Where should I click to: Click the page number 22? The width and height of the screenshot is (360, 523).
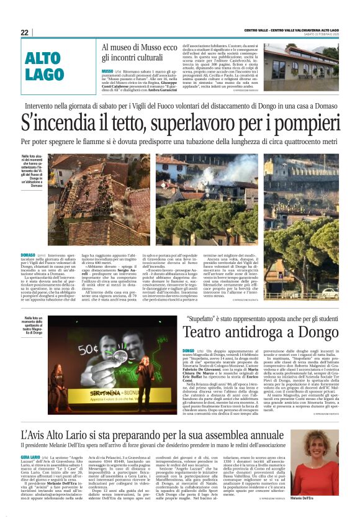tap(24, 32)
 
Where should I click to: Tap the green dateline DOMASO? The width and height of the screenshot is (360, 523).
tap(29, 255)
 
